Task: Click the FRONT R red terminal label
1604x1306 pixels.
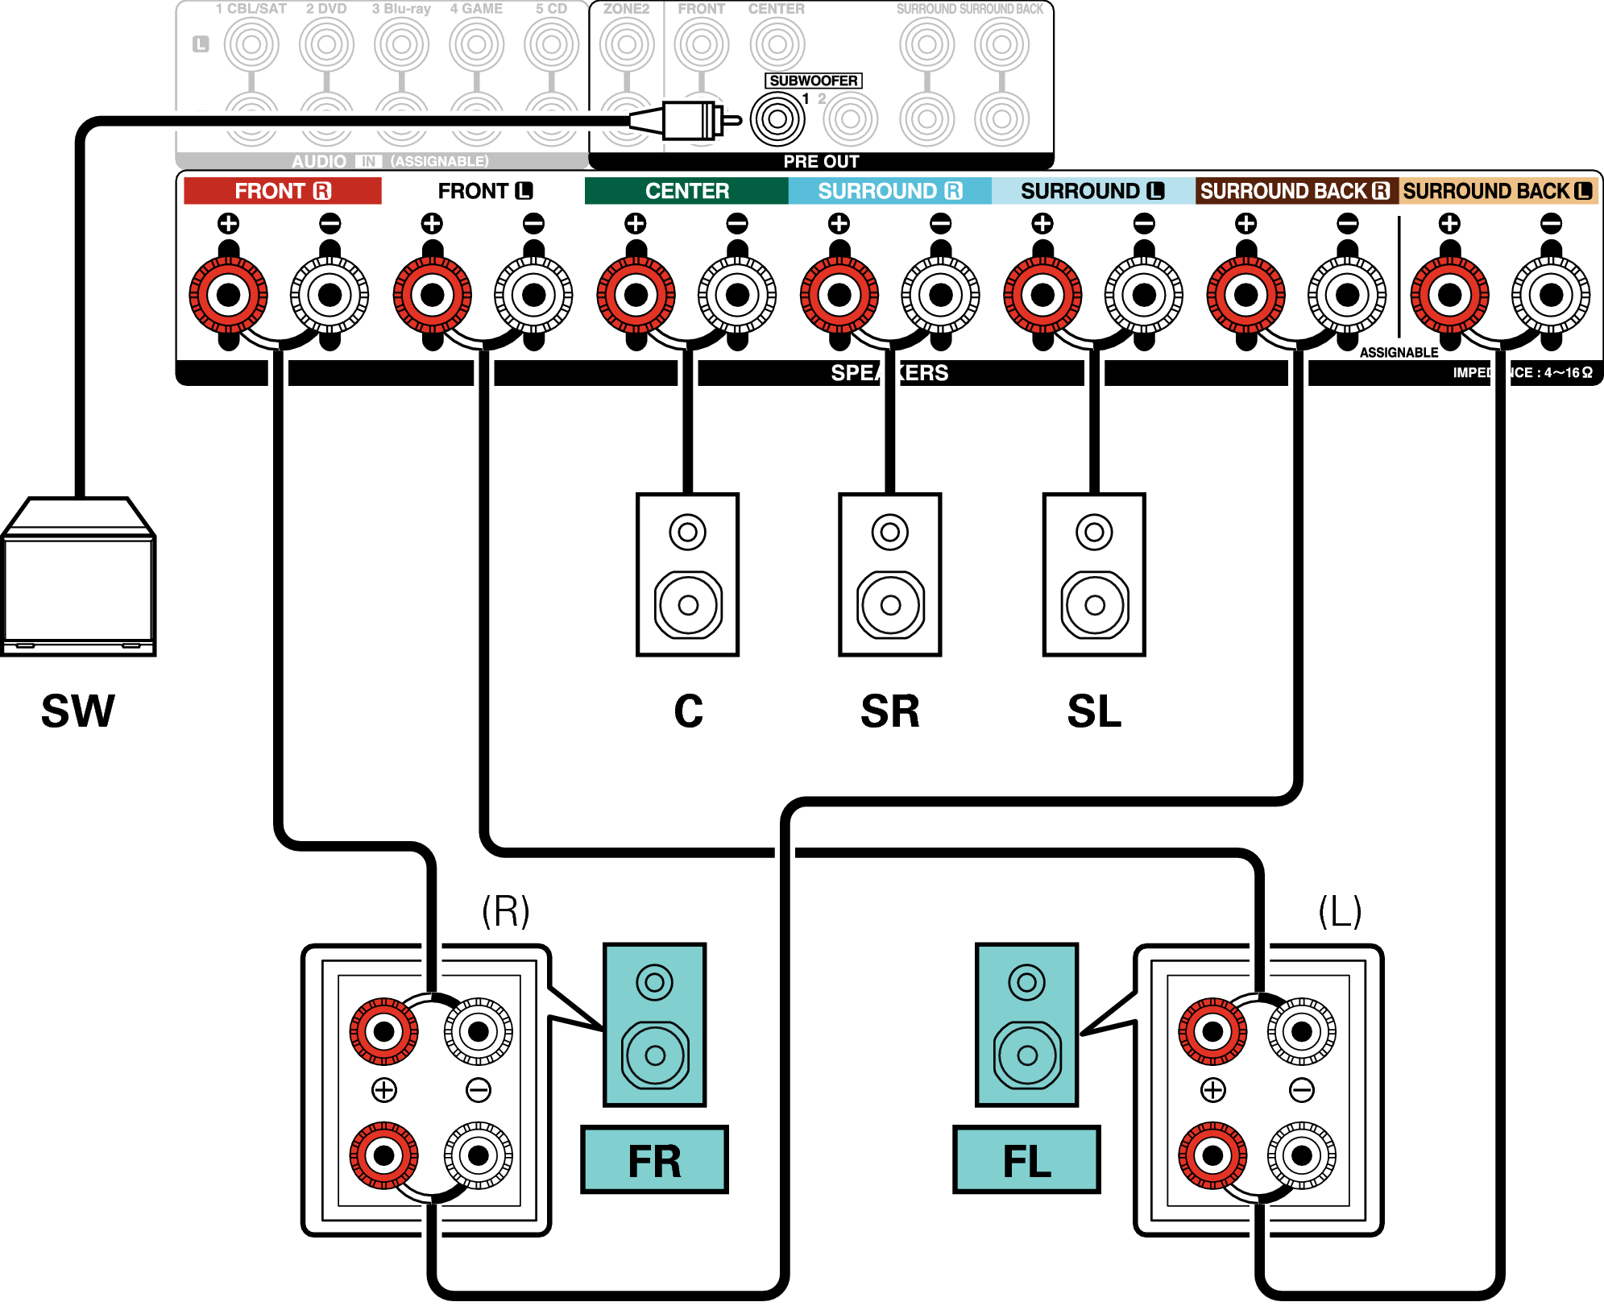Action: pyautogui.click(x=282, y=191)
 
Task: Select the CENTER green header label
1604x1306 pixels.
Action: pyautogui.click(x=686, y=191)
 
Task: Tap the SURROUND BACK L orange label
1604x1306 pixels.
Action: pyautogui.click(x=1497, y=191)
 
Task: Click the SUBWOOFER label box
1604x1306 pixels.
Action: pyautogui.click(x=813, y=81)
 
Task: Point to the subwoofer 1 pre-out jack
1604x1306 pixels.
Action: pyautogui.click(x=777, y=119)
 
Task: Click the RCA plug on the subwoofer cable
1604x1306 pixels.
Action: pyautogui.click(x=685, y=121)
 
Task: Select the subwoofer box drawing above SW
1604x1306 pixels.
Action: pyautogui.click(x=78, y=577)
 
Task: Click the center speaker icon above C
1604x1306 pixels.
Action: pyautogui.click(x=687, y=574)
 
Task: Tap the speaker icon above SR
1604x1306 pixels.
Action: pyautogui.click(x=889, y=574)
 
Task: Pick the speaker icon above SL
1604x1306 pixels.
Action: pyautogui.click(x=1093, y=574)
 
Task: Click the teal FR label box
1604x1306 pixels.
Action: pyautogui.click(x=654, y=1160)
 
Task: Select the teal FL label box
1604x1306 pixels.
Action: pyautogui.click(x=1026, y=1160)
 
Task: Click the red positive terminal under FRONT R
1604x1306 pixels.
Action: pyautogui.click(x=229, y=295)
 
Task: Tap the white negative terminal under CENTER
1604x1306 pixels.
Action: pyautogui.click(x=737, y=295)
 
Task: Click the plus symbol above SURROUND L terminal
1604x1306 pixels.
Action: pyautogui.click(x=1042, y=223)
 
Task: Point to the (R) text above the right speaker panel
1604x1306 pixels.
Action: pyautogui.click(x=506, y=911)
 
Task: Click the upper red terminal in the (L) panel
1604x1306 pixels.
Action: pyautogui.click(x=1212, y=1030)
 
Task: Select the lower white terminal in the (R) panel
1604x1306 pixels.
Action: pyautogui.click(x=479, y=1155)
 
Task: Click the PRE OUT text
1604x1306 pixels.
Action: pyautogui.click(x=821, y=161)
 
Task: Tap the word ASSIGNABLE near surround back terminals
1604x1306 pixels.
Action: pyautogui.click(x=1399, y=352)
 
